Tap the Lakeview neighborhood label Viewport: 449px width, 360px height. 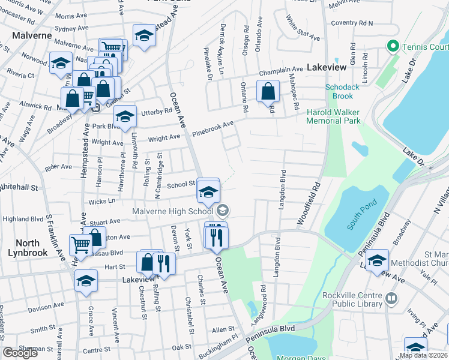point(327,68)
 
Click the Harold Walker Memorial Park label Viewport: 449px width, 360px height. point(333,116)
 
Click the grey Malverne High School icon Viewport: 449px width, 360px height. point(223,210)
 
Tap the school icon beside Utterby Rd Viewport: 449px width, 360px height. point(124,117)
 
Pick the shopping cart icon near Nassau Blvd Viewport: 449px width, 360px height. point(81,244)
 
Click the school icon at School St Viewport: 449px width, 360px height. point(208,191)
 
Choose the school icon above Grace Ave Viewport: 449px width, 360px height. point(86,281)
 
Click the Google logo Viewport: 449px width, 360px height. point(20,353)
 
